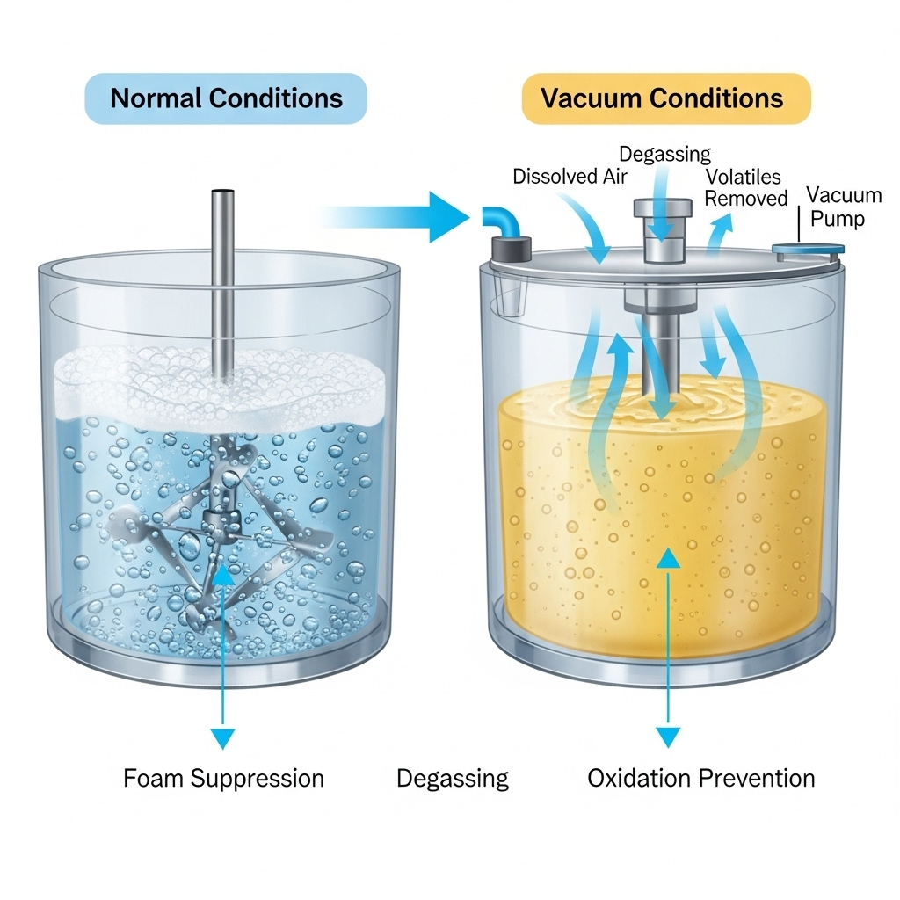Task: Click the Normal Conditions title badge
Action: (x=225, y=98)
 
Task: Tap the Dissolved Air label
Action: (x=570, y=176)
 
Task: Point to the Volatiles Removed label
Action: (x=744, y=187)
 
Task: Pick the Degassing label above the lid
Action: (x=664, y=154)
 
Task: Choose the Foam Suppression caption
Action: (x=223, y=778)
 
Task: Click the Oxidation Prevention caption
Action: (x=700, y=778)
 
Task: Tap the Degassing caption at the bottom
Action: (x=452, y=778)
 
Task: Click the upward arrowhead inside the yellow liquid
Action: (x=669, y=559)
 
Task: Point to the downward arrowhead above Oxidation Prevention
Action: (x=669, y=737)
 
